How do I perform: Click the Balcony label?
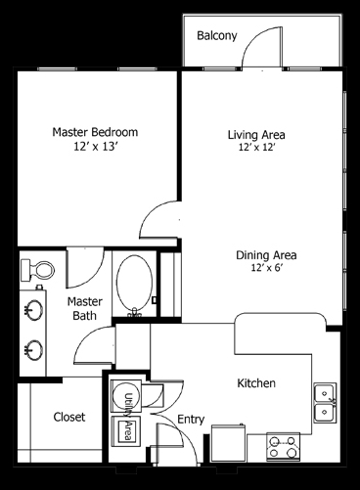(x=217, y=35)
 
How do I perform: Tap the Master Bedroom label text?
(x=95, y=132)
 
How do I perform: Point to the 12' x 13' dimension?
(x=95, y=147)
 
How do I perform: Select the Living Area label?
(x=256, y=135)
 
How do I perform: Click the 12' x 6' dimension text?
(x=266, y=268)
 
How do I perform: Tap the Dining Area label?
(x=266, y=255)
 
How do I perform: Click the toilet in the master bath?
(x=37, y=270)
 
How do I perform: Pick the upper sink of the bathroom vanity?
(x=33, y=309)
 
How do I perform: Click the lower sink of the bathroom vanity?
(x=33, y=349)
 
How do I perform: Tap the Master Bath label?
(x=84, y=308)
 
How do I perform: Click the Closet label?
(x=69, y=417)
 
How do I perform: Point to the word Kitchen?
(x=256, y=383)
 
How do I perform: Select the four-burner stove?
(x=283, y=447)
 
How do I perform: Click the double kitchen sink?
(x=325, y=403)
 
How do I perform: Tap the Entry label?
(x=191, y=420)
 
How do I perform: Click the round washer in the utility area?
(x=125, y=396)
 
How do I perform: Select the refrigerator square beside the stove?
(x=229, y=443)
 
